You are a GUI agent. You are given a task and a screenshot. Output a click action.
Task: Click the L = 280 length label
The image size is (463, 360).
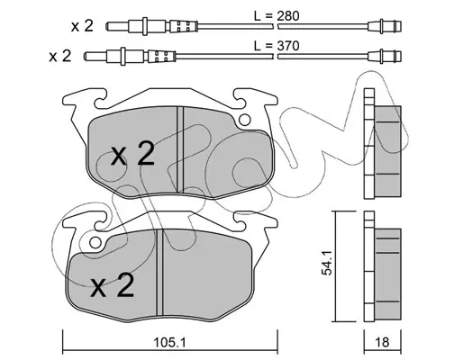coord(277,16)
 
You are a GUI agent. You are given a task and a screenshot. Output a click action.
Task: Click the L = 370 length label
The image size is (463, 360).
coord(277,46)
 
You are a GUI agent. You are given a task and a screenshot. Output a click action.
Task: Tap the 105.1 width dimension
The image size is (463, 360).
coord(170,342)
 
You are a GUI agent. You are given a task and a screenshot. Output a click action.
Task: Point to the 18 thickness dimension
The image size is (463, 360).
coord(382,342)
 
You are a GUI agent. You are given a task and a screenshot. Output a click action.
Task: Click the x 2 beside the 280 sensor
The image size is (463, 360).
coord(82,26)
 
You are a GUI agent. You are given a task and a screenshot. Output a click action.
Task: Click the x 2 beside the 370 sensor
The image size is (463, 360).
coord(60,56)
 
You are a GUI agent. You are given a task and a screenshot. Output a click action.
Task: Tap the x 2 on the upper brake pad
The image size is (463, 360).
coord(132,154)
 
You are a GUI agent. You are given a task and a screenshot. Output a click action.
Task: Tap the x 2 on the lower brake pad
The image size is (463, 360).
coord(113,285)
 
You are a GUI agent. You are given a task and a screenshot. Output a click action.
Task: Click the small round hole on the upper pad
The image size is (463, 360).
coord(245,120)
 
